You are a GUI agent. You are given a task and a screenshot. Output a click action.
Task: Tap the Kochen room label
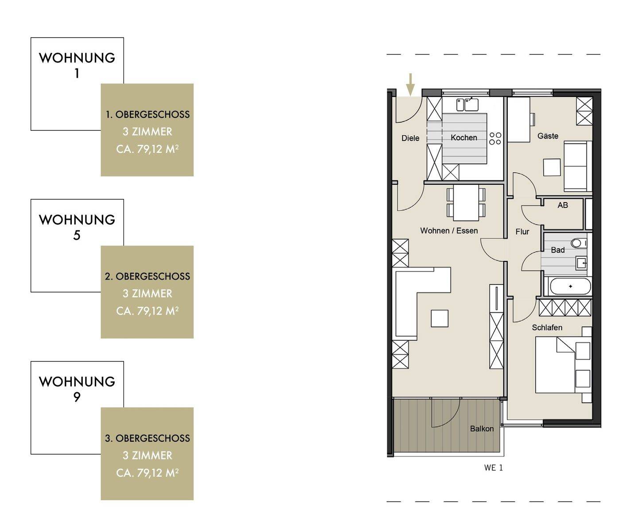tap(464, 137)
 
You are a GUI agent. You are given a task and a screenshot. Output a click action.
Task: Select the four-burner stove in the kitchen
tap(495, 138)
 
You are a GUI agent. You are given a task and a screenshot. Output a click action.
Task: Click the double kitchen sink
tap(467, 105)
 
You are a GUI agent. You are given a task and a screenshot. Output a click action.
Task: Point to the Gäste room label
tap(548, 136)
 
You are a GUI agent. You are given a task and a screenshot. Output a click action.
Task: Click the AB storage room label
tap(563, 205)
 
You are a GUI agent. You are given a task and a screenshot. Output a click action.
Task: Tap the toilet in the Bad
tap(579, 243)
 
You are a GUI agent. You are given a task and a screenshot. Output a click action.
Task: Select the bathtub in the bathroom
tap(570, 286)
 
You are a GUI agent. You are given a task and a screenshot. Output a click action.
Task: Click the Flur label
tap(522, 232)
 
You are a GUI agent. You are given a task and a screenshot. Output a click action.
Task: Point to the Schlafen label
tap(547, 327)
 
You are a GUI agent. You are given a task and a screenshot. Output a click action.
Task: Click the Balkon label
tap(482, 429)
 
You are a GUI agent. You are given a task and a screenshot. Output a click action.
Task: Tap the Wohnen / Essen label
tap(449, 231)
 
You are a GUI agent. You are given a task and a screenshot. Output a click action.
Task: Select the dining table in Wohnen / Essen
tap(466, 202)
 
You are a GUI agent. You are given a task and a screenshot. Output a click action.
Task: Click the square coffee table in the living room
tap(440, 319)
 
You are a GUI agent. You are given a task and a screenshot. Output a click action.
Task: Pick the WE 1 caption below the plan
tap(493, 467)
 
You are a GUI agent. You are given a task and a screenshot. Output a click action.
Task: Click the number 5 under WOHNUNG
tap(77, 235)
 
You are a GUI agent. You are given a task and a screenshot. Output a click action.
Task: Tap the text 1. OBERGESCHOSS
tap(148, 114)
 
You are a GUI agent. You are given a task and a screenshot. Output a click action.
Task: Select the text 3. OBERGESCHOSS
tap(148, 438)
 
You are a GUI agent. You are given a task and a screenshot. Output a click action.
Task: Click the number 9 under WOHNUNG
tap(77, 397)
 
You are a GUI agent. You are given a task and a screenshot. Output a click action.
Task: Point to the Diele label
tap(410, 138)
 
